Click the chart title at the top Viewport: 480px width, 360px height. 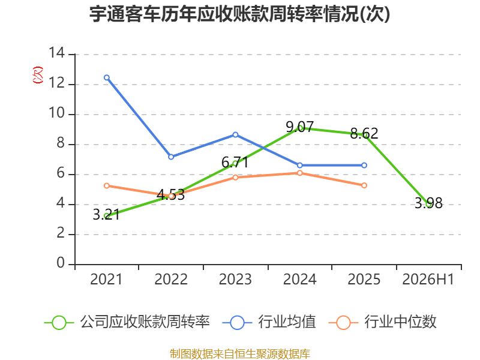tap(239, 14)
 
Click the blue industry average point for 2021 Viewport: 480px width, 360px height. tap(107, 78)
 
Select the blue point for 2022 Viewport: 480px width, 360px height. tap(171, 157)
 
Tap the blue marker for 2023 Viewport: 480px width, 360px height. tap(235, 134)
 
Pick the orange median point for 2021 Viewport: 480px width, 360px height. tap(107, 186)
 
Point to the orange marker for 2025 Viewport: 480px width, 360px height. tap(364, 185)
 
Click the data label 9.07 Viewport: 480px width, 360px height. tap(299, 127)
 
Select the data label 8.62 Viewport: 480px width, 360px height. tap(364, 133)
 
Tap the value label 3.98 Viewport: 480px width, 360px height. tap(428, 203)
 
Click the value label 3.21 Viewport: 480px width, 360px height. tap(106, 214)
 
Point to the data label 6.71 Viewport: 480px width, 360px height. tap(235, 162)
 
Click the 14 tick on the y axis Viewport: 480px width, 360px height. tap(57, 53)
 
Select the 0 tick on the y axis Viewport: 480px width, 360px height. tap(61, 263)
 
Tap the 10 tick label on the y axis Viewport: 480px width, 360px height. tap(57, 113)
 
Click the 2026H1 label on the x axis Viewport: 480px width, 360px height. tap(428, 279)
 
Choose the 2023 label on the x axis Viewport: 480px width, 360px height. tap(235, 279)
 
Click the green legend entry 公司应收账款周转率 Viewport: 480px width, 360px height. tap(127, 322)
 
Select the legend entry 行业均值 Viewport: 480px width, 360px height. tap(269, 322)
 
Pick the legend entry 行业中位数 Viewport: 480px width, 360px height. tap(382, 322)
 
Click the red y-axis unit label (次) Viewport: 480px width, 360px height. tap(38, 75)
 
